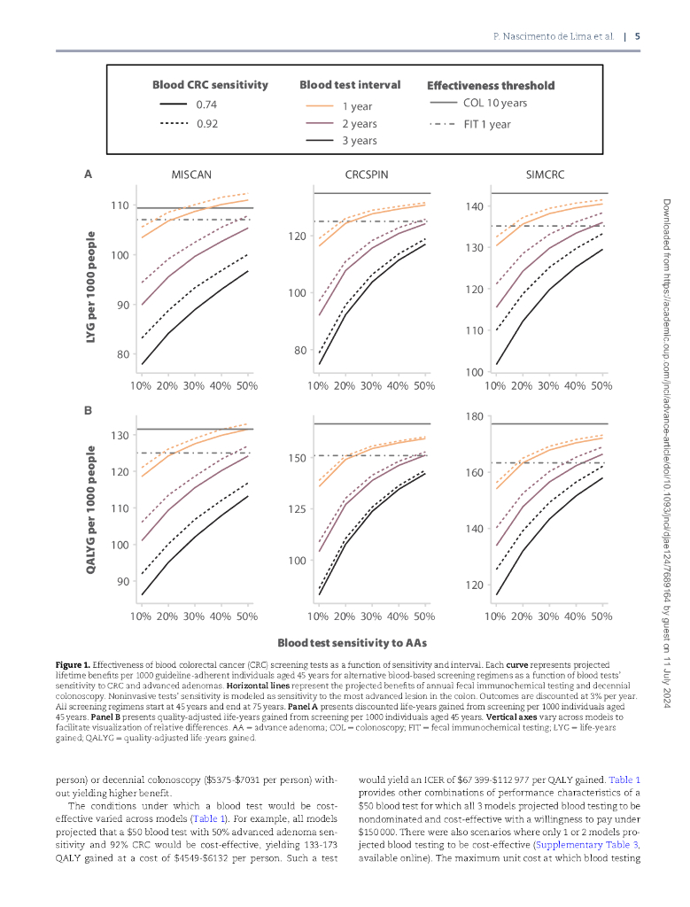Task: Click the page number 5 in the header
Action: click(638, 36)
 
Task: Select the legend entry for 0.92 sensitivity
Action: click(206, 123)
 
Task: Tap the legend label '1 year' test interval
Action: click(357, 106)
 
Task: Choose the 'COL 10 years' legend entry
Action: click(494, 103)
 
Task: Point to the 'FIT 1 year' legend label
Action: click(486, 124)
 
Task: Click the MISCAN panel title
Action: click(191, 174)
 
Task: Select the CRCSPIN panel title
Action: click(370, 174)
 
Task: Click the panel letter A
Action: click(88, 174)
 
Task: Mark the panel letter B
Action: click(88, 411)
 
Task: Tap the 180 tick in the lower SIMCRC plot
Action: click(473, 416)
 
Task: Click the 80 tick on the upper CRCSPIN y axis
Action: click(298, 351)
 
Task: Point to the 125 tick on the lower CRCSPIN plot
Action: click(296, 509)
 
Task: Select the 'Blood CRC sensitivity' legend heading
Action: click(210, 85)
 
